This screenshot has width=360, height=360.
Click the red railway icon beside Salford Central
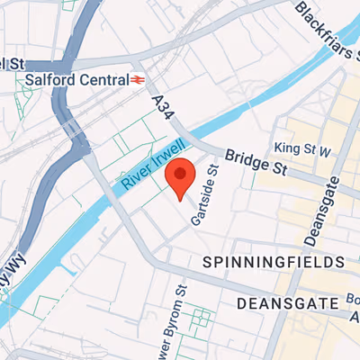click(x=138, y=80)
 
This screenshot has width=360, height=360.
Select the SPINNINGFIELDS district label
click(x=274, y=262)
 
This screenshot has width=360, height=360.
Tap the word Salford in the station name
click(x=49, y=80)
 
